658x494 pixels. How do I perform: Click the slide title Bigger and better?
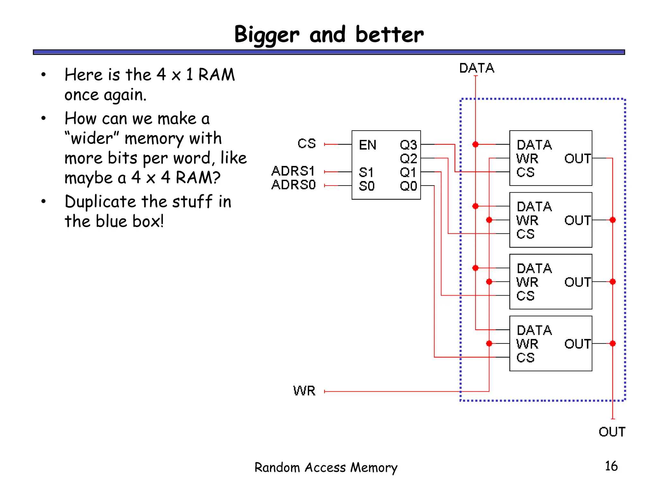pyautogui.click(x=329, y=35)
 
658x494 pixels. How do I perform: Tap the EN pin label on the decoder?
pyautogui.click(x=367, y=145)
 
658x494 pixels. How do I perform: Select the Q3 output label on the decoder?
pyautogui.click(x=408, y=145)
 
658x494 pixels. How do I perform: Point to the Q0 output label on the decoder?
pyautogui.click(x=408, y=186)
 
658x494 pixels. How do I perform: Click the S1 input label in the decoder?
pyautogui.click(x=366, y=173)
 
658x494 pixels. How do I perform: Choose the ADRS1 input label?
pyautogui.click(x=293, y=171)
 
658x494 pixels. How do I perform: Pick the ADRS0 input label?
pyautogui.click(x=293, y=185)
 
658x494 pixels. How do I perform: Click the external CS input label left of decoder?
pyautogui.click(x=307, y=144)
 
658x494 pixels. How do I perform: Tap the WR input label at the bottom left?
pyautogui.click(x=304, y=391)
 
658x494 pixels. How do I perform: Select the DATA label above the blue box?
pyautogui.click(x=476, y=68)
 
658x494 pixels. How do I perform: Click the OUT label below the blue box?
pyautogui.click(x=612, y=432)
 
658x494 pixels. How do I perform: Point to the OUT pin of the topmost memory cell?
pyautogui.click(x=577, y=159)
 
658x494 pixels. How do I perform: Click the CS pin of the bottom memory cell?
pyautogui.click(x=525, y=358)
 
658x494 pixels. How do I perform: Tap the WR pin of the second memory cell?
pyautogui.click(x=527, y=221)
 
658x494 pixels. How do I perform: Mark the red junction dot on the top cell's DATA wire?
pyautogui.click(x=476, y=144)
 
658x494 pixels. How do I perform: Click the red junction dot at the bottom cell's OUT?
pyautogui.click(x=613, y=343)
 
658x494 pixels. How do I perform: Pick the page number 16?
pyautogui.click(x=611, y=466)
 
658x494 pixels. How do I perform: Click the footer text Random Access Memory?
pyautogui.click(x=326, y=468)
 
